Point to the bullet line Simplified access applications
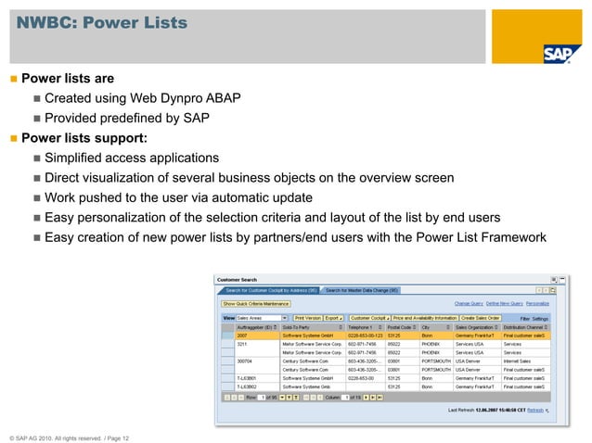pos(131,158)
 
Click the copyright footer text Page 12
pos(114,425)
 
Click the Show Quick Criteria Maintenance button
pos(255,303)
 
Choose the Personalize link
pos(537,303)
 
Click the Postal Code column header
pos(401,327)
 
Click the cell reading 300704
pos(246,361)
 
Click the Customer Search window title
pos(238,279)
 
